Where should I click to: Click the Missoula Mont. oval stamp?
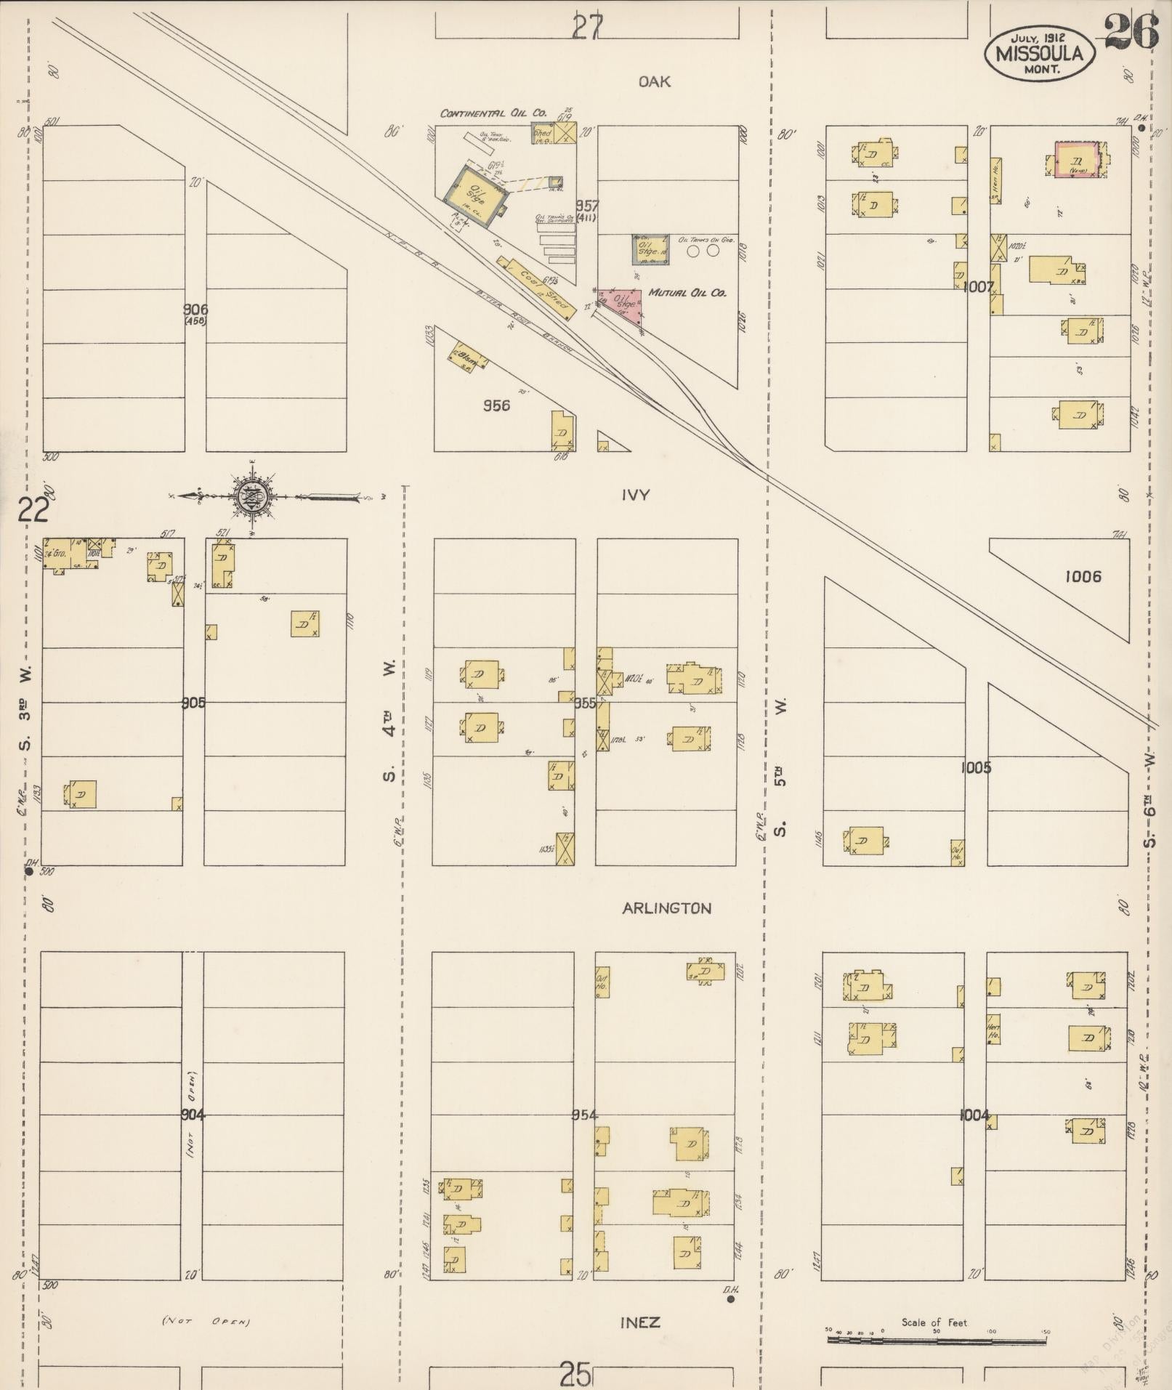pos(1039,53)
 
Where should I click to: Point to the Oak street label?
pos(654,82)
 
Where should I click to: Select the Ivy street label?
pos(635,496)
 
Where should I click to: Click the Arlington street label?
pos(666,908)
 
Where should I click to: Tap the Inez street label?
pos(640,1322)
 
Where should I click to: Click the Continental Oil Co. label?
pos(493,113)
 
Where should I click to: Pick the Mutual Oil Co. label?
pos(687,293)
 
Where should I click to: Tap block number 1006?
pos(1083,577)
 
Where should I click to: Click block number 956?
pos(496,405)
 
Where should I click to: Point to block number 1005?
pos(975,767)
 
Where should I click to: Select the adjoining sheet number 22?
pos(33,511)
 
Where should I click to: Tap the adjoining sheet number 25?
pos(575,1374)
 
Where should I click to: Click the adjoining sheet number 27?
pos(586,28)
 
